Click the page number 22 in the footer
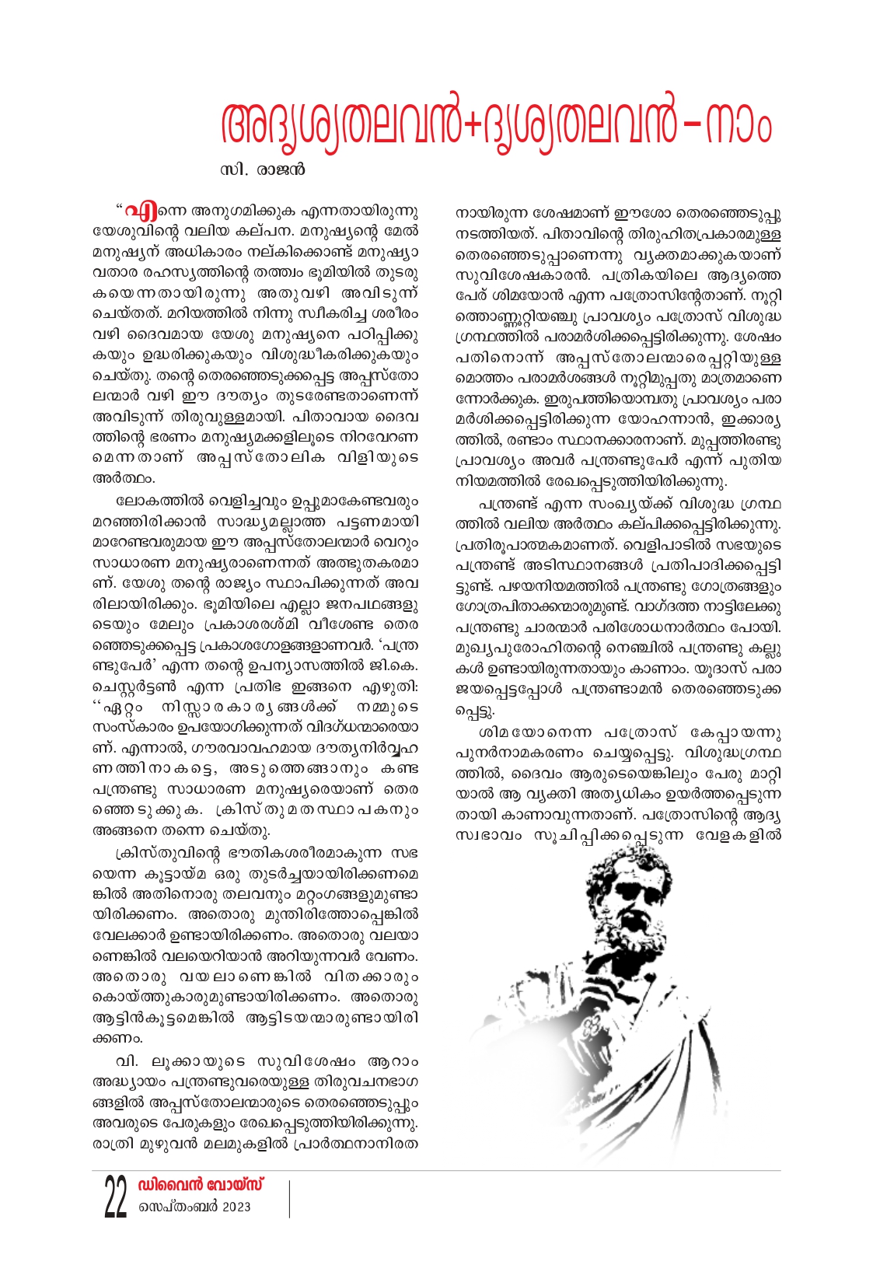116,1198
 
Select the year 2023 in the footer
236,1207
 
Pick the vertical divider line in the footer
289,1198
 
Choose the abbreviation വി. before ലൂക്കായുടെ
127,1061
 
